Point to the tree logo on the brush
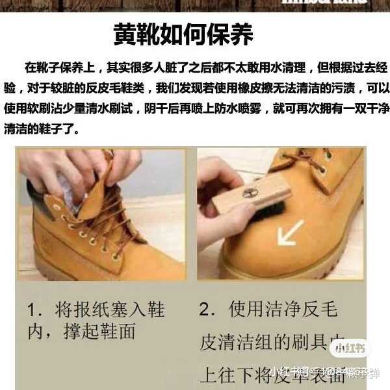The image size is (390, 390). pyautogui.click(x=250, y=193)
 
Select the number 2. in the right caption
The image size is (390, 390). pyautogui.click(x=208, y=310)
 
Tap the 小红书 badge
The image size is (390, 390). pyautogui.click(x=352, y=348)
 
